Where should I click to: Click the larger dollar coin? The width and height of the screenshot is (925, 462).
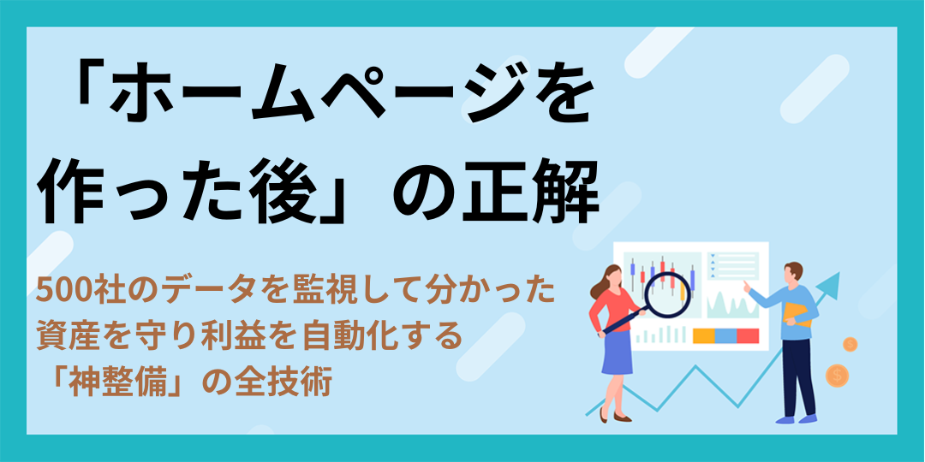click(837, 375)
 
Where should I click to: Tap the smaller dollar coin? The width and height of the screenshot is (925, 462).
click(850, 344)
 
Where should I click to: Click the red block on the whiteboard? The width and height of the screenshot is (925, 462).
click(748, 336)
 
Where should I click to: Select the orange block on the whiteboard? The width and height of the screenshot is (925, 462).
click(703, 336)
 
